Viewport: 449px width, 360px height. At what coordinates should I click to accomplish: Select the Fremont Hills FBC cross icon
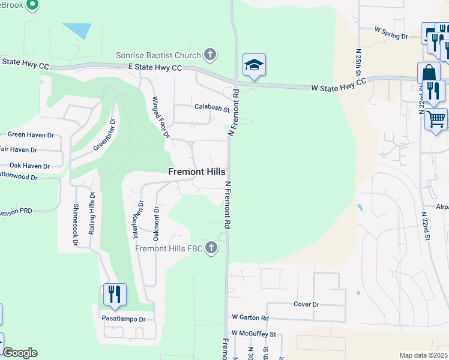click(211, 248)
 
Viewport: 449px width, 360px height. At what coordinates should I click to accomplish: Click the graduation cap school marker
click(254, 65)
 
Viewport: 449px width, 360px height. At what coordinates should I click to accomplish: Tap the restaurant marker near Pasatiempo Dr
click(115, 295)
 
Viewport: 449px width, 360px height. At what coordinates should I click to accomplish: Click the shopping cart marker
click(436, 118)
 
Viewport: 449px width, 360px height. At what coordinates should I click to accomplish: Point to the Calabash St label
click(212, 109)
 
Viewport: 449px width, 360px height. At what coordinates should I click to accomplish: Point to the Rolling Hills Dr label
click(92, 212)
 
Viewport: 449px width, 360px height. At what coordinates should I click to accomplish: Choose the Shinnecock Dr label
click(76, 224)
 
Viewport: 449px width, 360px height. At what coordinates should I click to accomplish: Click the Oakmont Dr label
click(156, 221)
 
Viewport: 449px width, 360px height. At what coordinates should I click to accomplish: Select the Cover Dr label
click(306, 304)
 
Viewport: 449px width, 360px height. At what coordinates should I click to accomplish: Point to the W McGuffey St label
click(253, 334)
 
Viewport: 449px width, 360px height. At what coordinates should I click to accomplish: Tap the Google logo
click(20, 353)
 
